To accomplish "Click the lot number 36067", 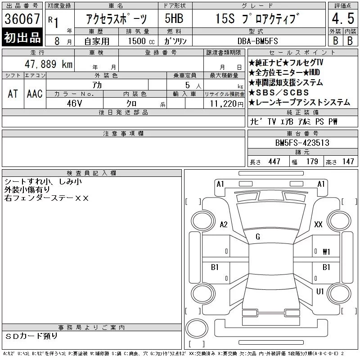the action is (22, 19).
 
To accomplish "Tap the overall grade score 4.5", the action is (343, 18).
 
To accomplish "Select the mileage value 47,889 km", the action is (49, 64).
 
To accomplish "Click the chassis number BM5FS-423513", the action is (302, 143).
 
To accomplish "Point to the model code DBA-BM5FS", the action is (257, 41).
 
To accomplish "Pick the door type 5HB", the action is (174, 18).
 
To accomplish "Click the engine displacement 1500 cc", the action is (141, 41).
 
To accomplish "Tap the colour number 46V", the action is (74, 103).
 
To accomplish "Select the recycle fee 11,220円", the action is (226, 104).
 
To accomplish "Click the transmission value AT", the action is (13, 94).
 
